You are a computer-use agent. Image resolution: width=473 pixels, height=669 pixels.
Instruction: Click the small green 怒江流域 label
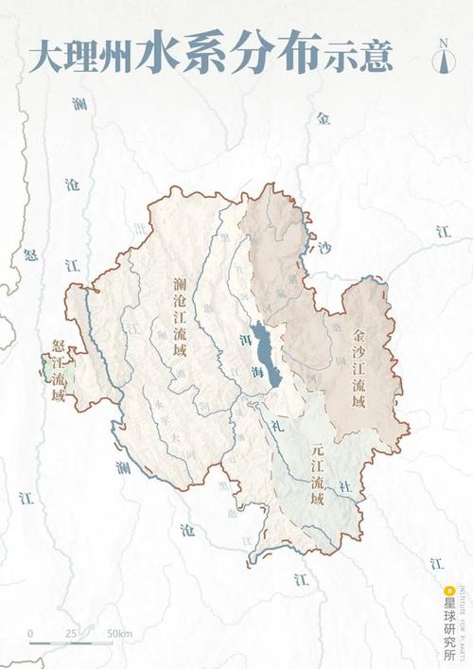(59, 371)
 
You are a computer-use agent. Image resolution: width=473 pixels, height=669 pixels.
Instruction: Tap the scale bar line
(71, 644)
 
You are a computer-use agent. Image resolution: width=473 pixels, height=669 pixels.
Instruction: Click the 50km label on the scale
(119, 632)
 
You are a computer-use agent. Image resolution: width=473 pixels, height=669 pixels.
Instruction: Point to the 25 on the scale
(71, 632)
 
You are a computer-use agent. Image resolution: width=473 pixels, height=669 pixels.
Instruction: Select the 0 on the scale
(30, 632)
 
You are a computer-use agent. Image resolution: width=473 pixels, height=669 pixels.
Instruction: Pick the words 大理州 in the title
(80, 56)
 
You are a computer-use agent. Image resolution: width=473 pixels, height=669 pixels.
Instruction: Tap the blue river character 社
(344, 485)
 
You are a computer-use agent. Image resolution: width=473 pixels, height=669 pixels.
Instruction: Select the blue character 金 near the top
(324, 119)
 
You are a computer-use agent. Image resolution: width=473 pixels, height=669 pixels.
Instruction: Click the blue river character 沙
(325, 248)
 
